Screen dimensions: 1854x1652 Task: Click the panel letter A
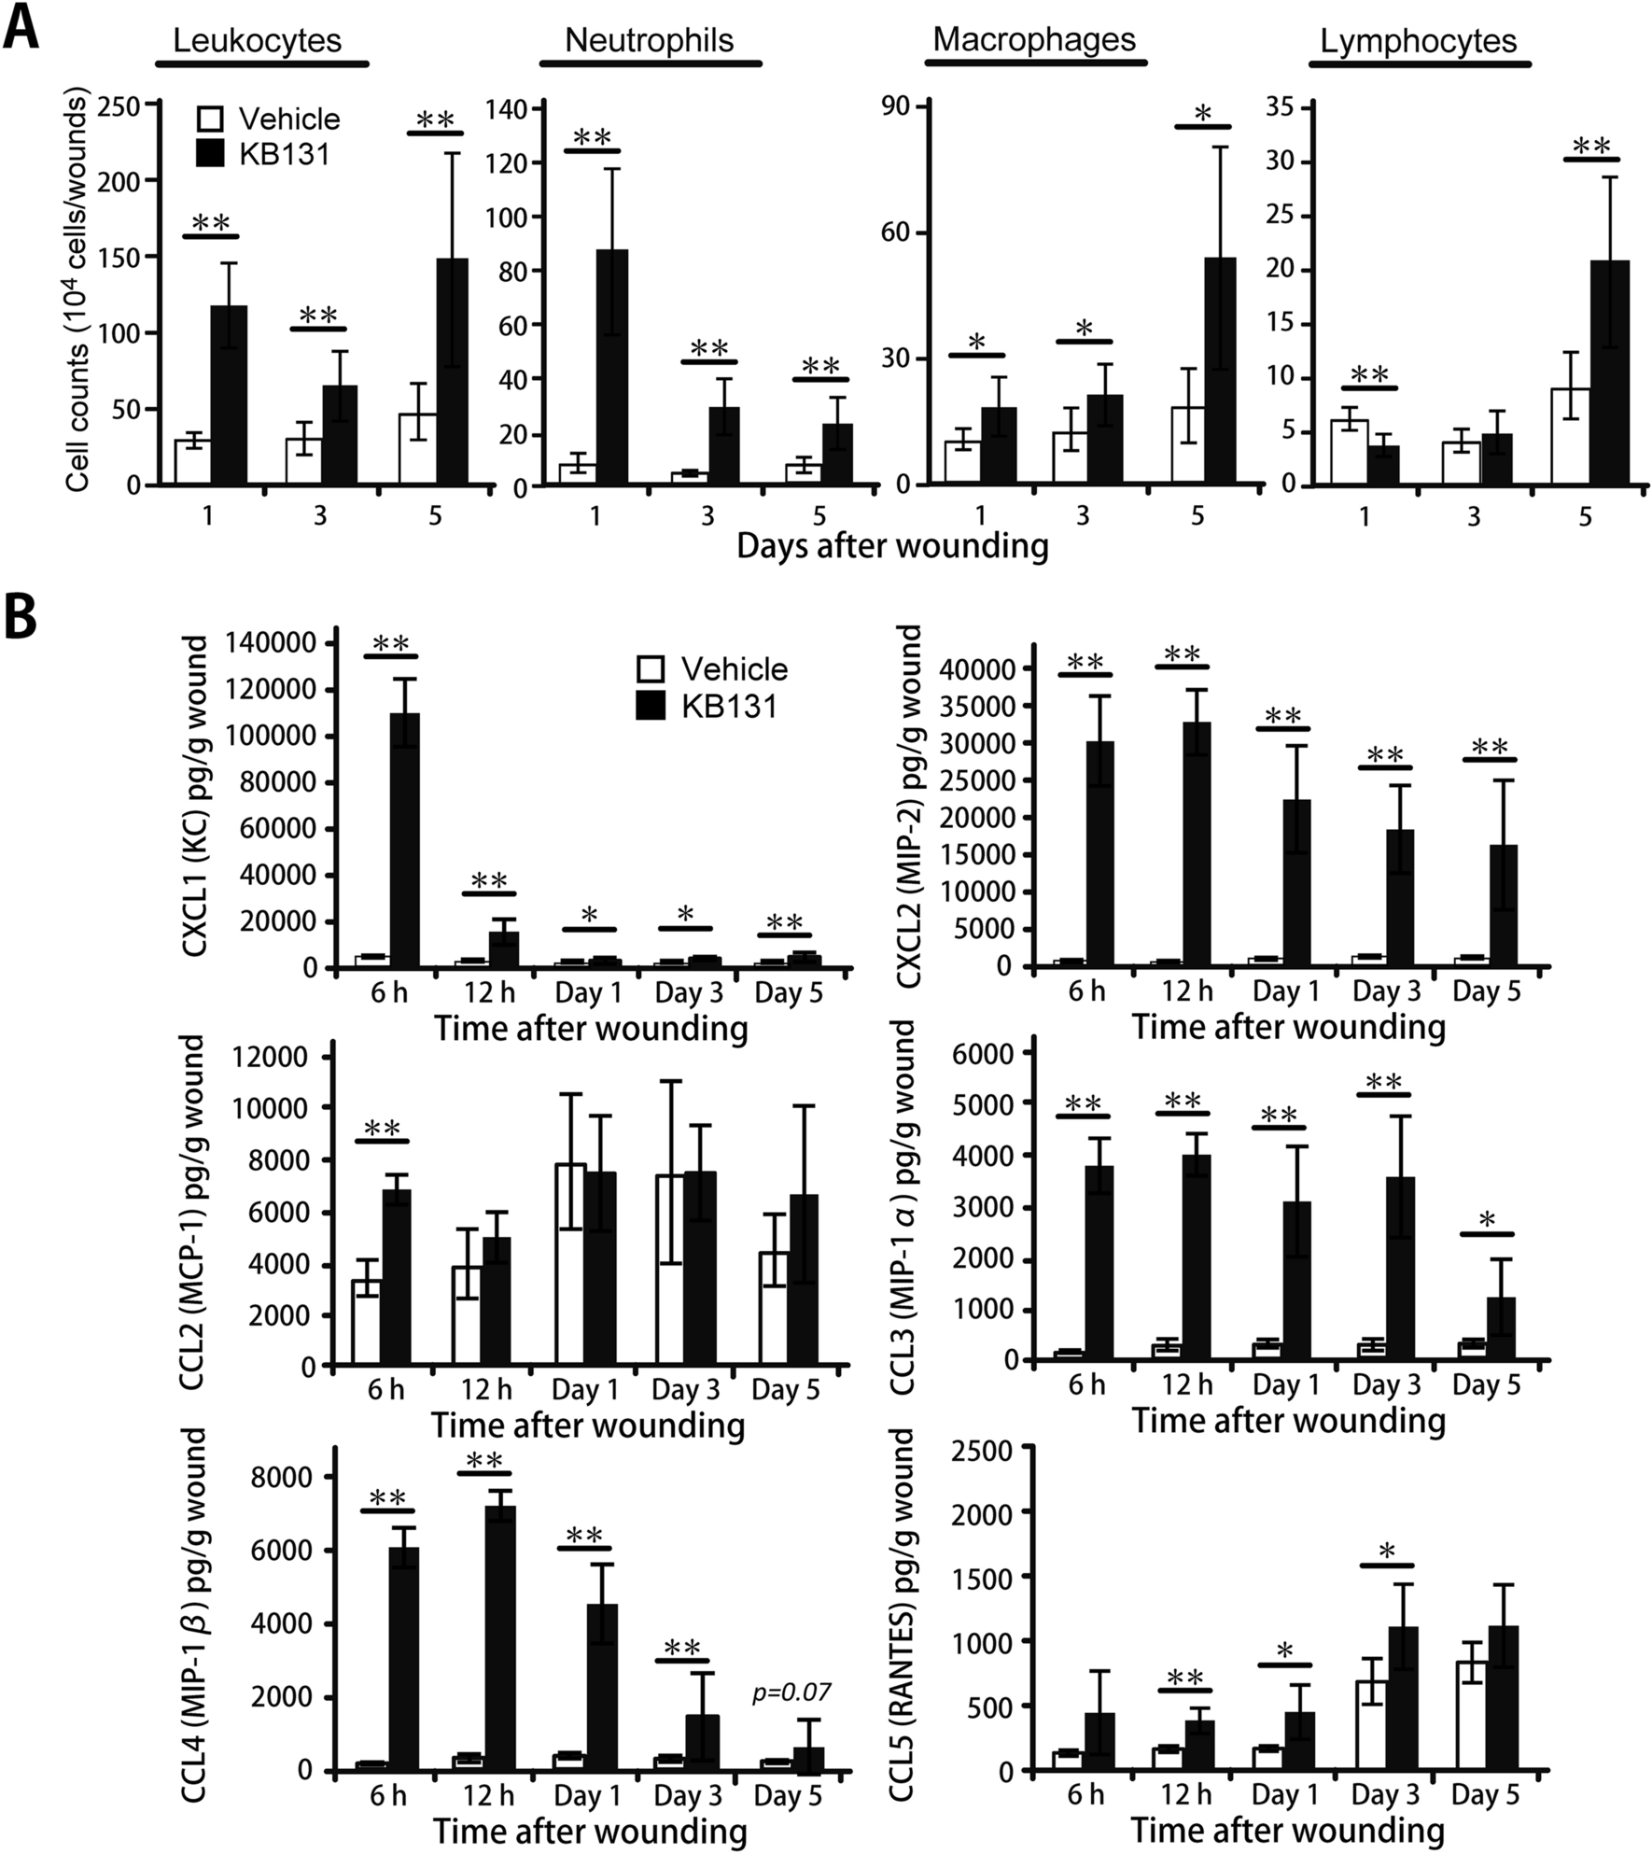[21, 26]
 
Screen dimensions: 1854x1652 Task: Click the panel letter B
[21, 617]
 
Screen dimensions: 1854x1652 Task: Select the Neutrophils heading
[649, 40]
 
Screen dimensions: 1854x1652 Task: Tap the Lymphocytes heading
[1418, 41]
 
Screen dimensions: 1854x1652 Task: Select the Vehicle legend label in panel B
[734, 668]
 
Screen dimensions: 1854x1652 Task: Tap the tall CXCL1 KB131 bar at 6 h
[404, 840]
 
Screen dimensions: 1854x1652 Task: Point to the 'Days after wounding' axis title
[892, 546]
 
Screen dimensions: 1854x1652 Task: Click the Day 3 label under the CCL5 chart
[1386, 1794]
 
